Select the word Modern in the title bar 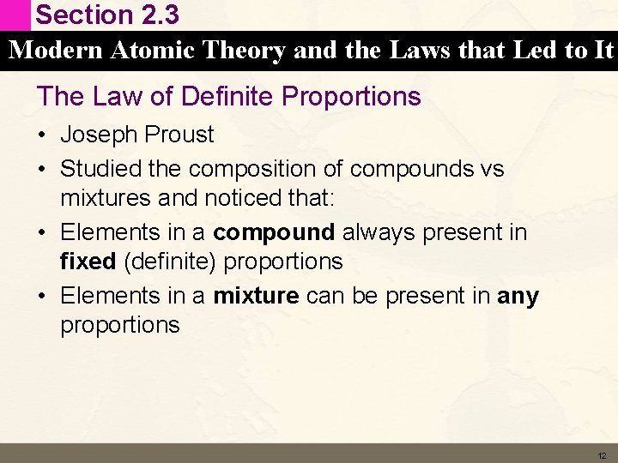click(x=56, y=51)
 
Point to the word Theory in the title click(x=244, y=51)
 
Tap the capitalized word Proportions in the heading click(x=354, y=96)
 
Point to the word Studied click(x=97, y=169)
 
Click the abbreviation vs click(x=492, y=169)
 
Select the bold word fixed click(x=88, y=262)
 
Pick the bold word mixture click(x=256, y=296)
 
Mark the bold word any click(x=518, y=297)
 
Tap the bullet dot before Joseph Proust click(x=43, y=135)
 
